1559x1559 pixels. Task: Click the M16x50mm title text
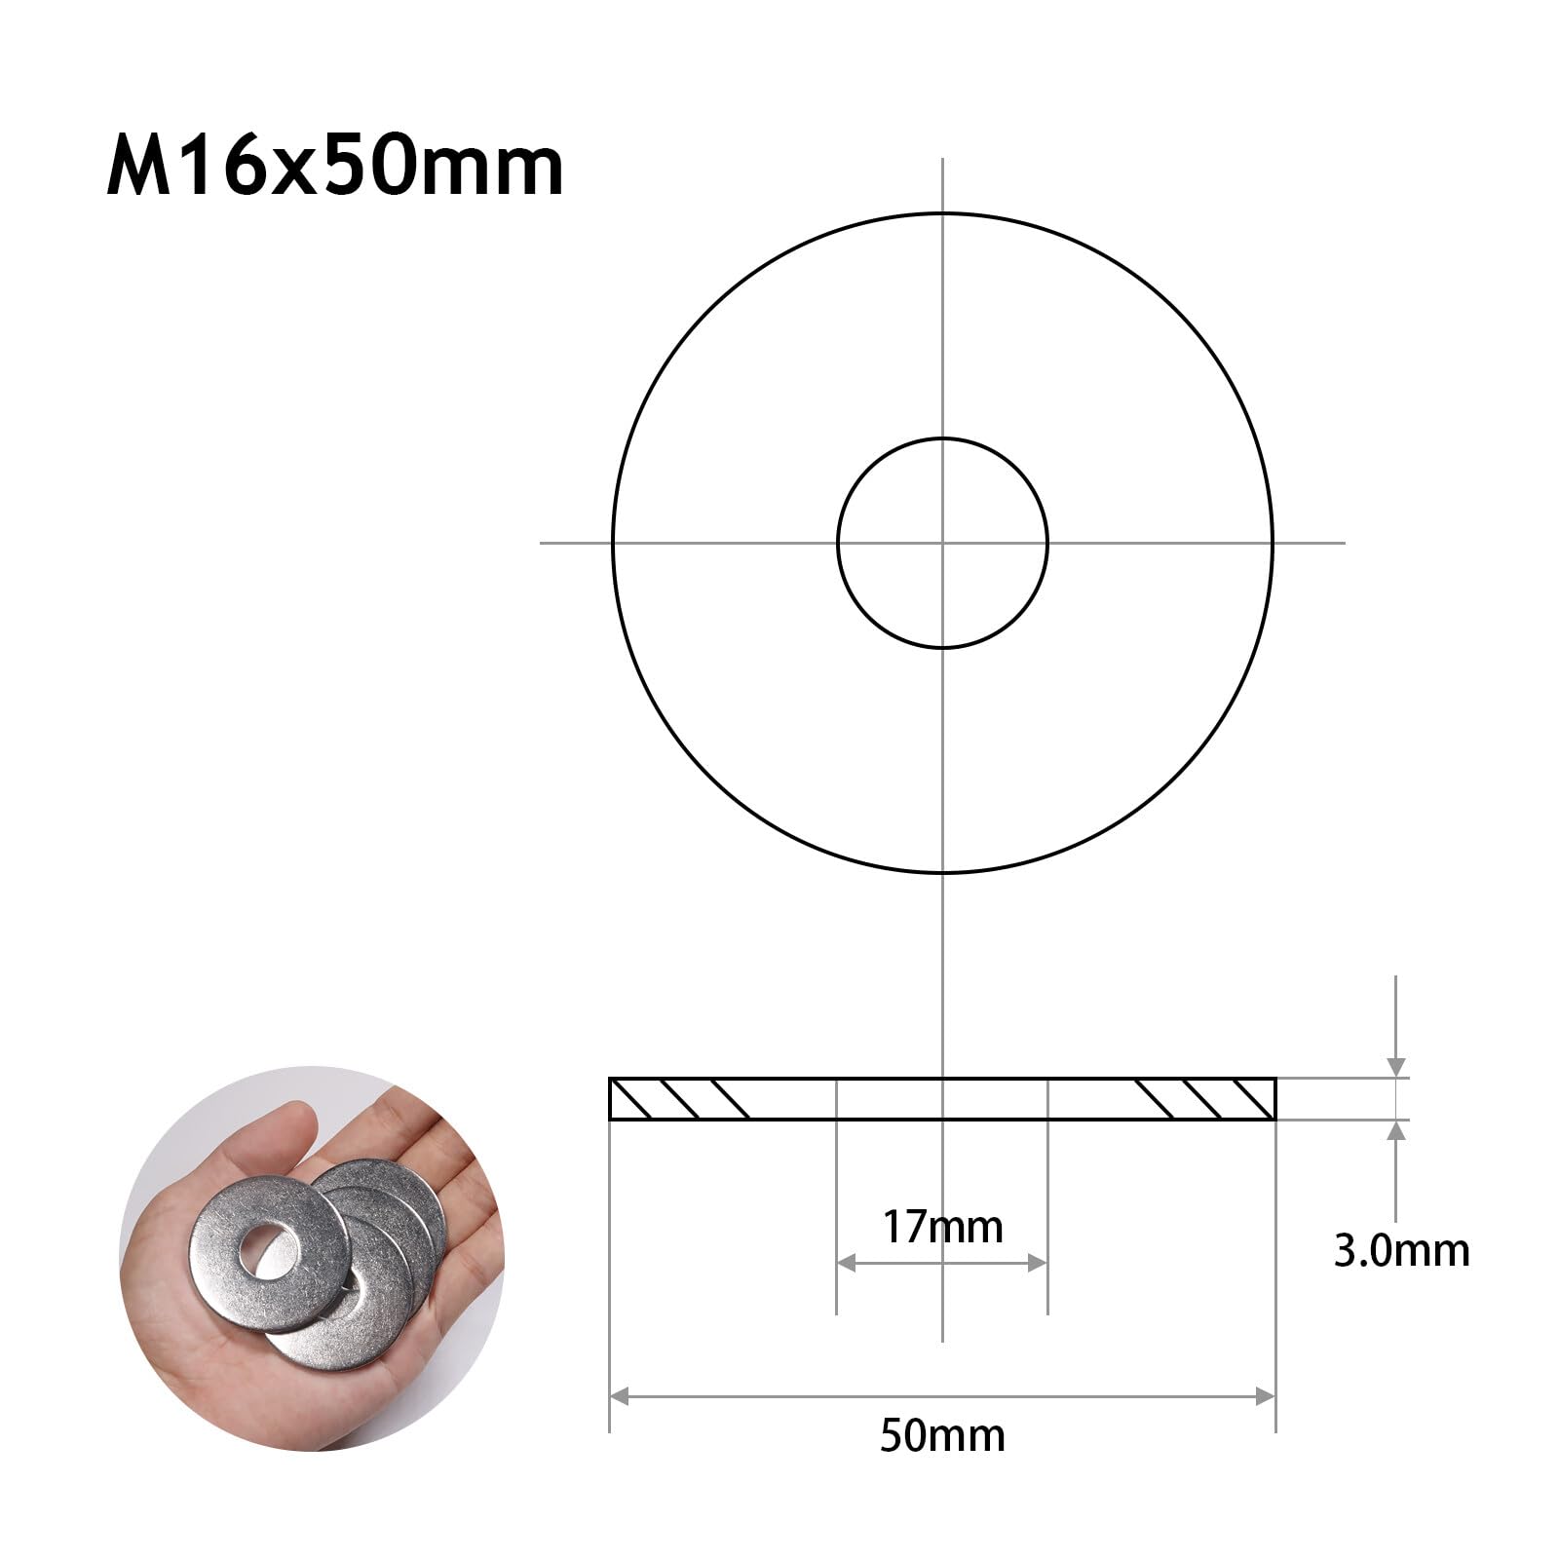click(x=335, y=168)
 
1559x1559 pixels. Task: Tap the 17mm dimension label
click(x=942, y=1227)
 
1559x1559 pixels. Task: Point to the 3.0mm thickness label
click(x=1401, y=1251)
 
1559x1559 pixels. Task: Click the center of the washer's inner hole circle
click(x=942, y=543)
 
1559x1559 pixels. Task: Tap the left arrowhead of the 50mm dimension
click(x=619, y=1396)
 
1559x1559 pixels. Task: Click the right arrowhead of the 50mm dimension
click(x=1266, y=1396)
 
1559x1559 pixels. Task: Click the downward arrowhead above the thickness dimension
click(x=1396, y=1068)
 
